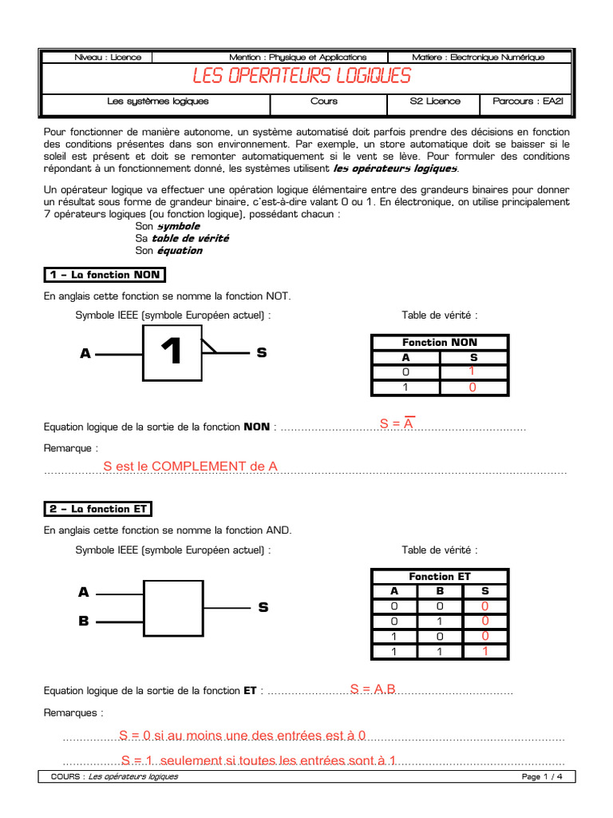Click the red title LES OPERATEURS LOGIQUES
click(302, 76)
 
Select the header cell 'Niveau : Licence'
click(107, 57)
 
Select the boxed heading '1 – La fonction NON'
click(104, 275)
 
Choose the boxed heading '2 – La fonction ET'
click(97, 509)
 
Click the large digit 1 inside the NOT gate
click(171, 352)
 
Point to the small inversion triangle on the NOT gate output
click(208, 345)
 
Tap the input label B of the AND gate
click(84, 621)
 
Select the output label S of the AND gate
click(263, 608)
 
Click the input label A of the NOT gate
click(85, 352)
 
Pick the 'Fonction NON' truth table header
click(440, 342)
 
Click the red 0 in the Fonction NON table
click(473, 387)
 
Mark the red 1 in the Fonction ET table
click(484, 651)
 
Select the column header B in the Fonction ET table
click(439, 591)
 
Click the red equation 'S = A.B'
click(373, 689)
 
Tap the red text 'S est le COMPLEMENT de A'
click(190, 467)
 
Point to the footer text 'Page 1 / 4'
click(542, 776)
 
